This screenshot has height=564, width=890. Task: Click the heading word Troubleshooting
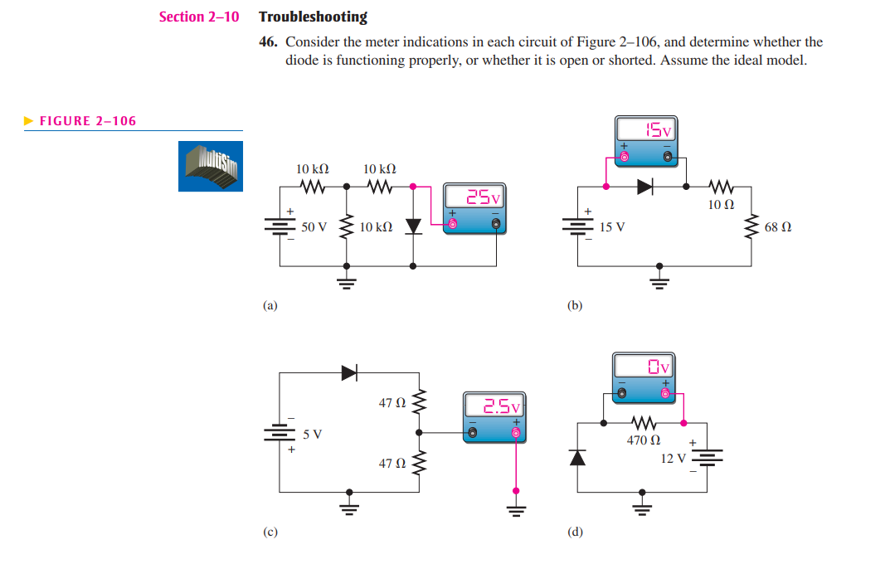coord(313,17)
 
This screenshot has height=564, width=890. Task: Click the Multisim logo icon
coord(211,166)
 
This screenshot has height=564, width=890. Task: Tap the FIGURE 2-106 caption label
coord(87,121)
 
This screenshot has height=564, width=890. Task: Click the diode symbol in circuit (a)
coord(413,226)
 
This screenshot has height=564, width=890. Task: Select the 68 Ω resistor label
coord(778,226)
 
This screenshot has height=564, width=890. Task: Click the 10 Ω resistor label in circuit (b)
coord(720,204)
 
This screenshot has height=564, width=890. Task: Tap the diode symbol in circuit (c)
coord(349,373)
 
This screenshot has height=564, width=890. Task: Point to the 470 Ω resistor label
coord(643,440)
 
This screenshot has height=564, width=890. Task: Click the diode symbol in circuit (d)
coord(578,457)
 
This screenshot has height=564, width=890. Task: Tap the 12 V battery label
coord(674,458)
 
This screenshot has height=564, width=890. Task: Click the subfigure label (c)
coord(270,532)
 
